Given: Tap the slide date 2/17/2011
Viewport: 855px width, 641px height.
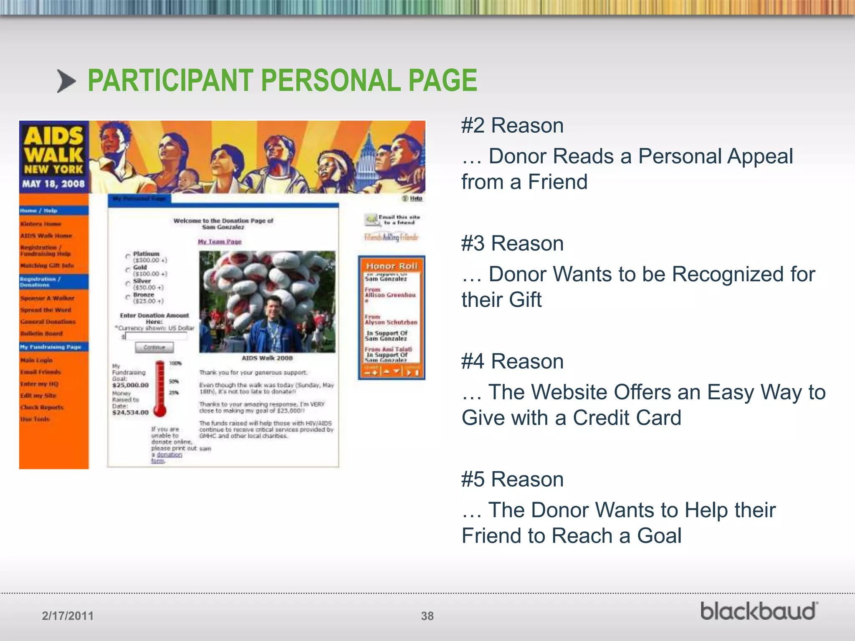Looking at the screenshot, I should click(68, 616).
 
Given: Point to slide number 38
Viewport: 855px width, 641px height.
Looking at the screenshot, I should click(427, 616).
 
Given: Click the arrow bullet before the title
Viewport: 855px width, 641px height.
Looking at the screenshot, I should click(66, 81).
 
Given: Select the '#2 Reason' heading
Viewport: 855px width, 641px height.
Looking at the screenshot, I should click(512, 126).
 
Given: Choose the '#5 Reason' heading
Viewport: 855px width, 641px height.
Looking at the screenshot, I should click(512, 479).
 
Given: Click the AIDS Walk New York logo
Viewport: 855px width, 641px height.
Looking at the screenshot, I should click(54, 157).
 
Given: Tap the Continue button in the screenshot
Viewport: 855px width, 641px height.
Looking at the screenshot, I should click(154, 347).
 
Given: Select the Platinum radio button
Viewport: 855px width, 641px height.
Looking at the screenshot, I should click(128, 256).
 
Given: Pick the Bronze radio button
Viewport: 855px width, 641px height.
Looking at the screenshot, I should click(128, 297).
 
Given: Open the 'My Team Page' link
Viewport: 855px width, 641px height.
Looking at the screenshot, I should click(220, 242).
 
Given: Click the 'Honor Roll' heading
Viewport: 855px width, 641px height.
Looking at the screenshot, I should click(391, 266).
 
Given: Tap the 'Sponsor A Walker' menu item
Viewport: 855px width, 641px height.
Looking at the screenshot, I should click(47, 298).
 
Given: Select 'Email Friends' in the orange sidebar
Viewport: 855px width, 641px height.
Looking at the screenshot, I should click(40, 372).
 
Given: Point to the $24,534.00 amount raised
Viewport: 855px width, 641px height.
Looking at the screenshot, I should click(130, 413).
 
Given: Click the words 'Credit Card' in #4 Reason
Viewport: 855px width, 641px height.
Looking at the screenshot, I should click(627, 418).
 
